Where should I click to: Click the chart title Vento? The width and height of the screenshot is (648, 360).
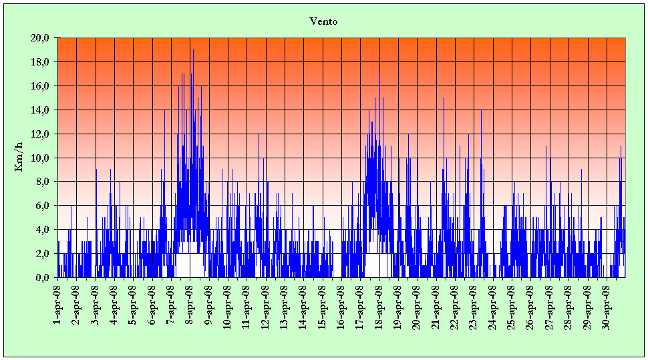324,21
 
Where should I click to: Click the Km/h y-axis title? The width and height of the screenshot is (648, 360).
19,158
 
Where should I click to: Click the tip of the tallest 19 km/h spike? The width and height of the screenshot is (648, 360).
193,50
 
